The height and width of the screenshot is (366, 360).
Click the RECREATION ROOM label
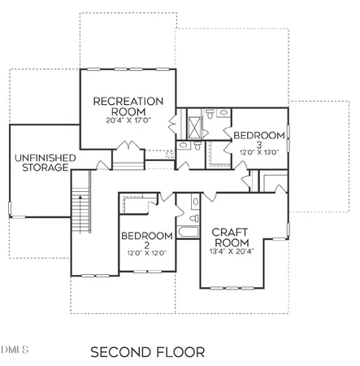(x=128, y=107)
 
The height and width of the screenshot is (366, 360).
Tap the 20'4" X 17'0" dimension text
(x=128, y=120)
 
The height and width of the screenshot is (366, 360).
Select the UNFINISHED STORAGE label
(x=38, y=163)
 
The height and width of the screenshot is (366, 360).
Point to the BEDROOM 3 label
(x=258, y=139)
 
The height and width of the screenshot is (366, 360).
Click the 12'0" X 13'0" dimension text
(x=258, y=152)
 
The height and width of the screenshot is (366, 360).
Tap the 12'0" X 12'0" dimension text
(x=147, y=253)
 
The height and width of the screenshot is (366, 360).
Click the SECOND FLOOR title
(x=147, y=352)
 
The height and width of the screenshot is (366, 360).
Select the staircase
(x=80, y=211)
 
